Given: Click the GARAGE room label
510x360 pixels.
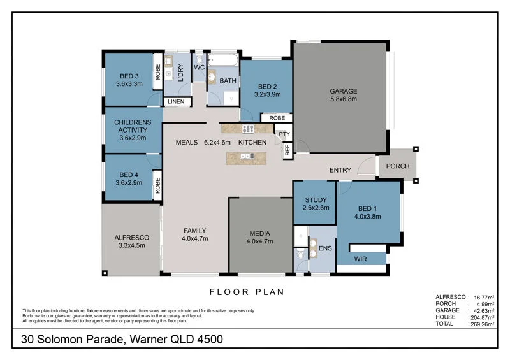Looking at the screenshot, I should point(343,91).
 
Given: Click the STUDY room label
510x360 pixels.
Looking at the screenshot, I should point(316,199).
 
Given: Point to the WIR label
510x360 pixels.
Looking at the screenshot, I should point(360,259).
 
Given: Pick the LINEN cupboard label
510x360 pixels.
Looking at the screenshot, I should point(177,102).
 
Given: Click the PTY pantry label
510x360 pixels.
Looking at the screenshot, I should point(284,134).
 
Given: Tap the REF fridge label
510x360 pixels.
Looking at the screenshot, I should point(288,150).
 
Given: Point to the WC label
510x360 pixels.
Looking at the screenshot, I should point(198,67).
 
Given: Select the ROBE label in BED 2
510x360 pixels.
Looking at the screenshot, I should point(277,118).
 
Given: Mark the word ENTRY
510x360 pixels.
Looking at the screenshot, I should point(340,170).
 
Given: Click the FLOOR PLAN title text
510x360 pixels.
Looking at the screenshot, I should point(247,292).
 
